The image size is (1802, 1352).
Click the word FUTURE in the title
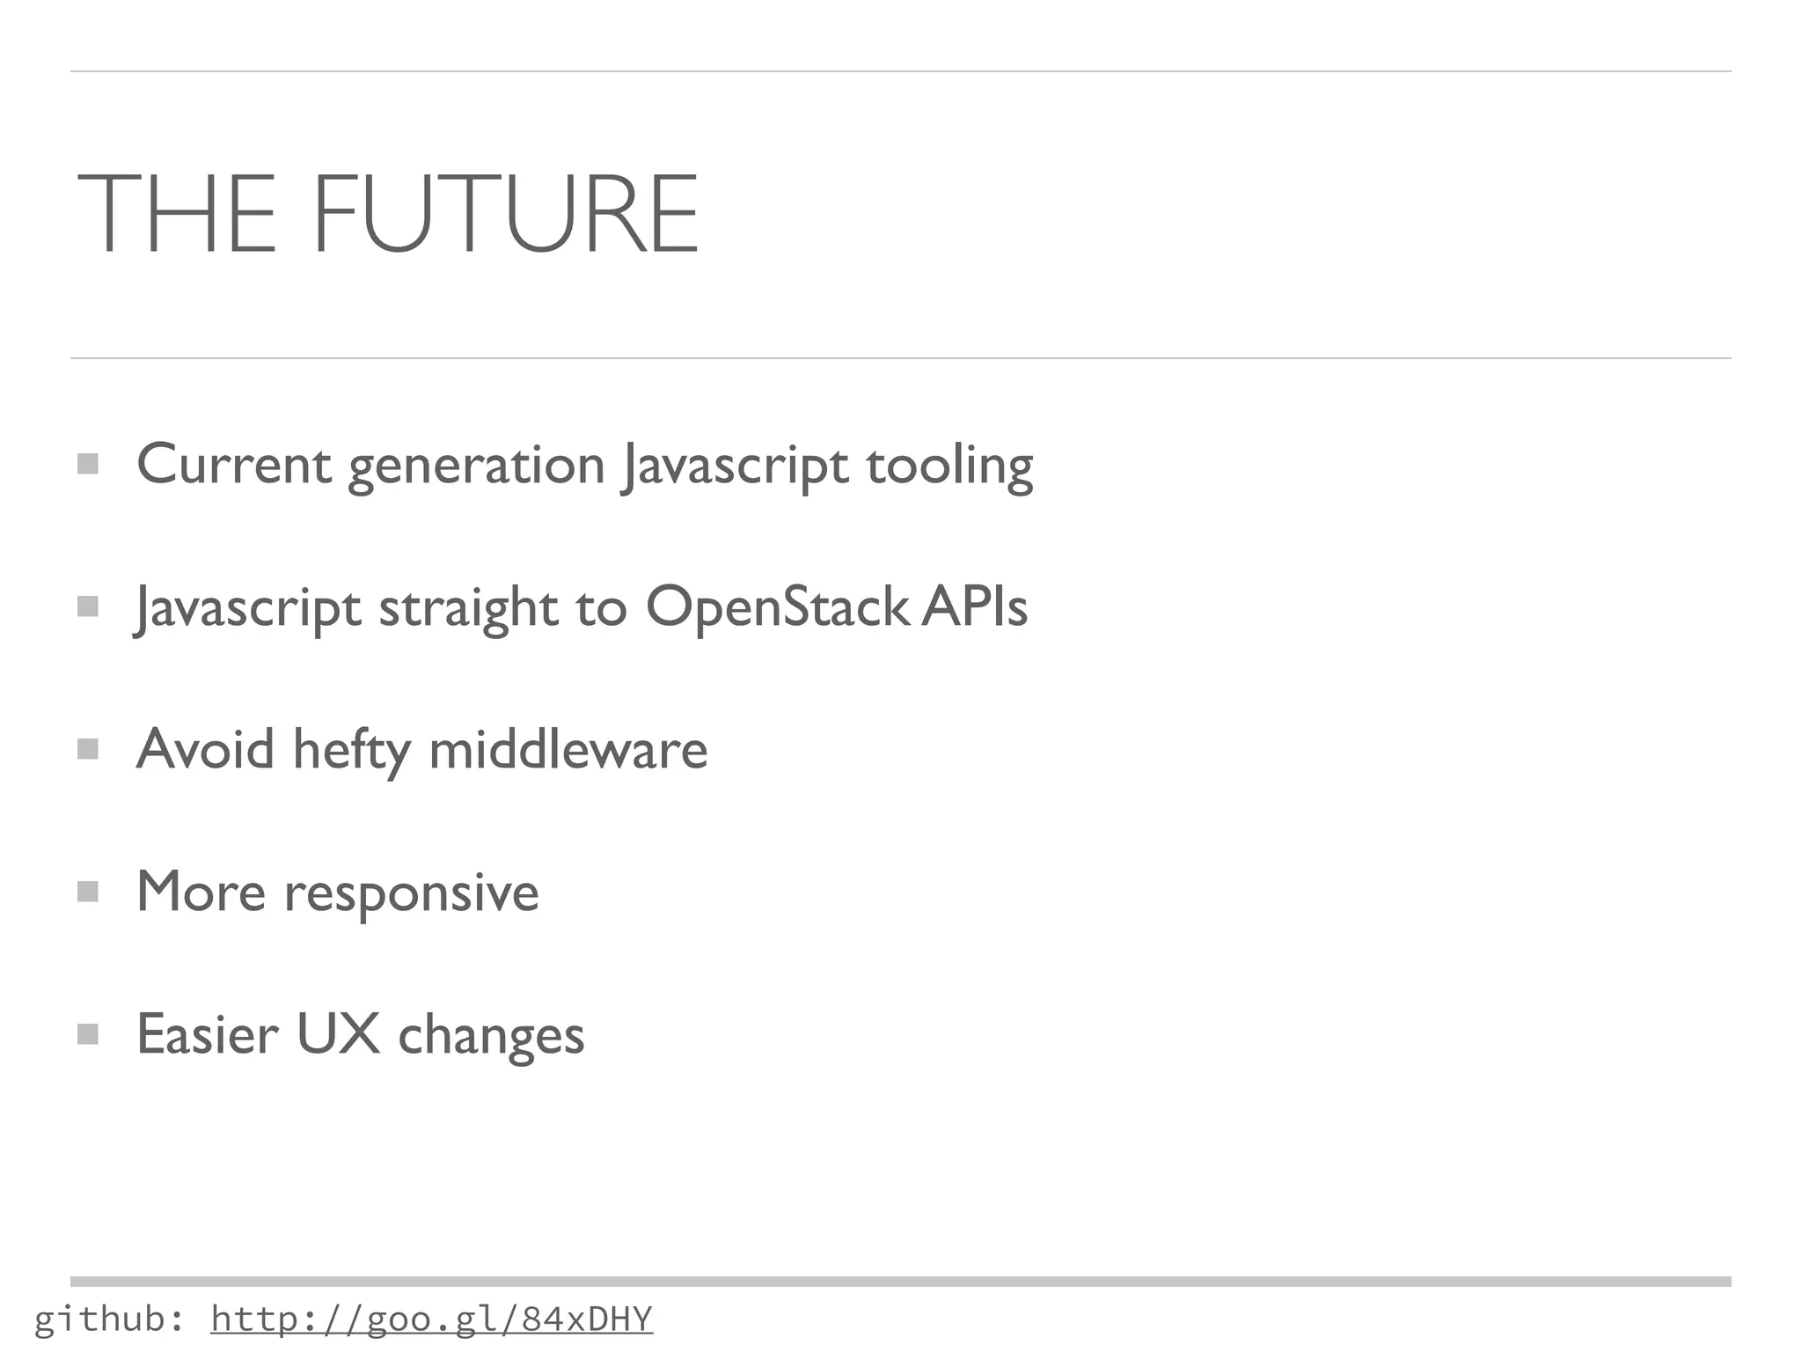(505, 214)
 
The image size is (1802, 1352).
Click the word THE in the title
(177, 214)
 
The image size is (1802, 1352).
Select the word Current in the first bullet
(234, 464)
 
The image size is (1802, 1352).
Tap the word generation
(476, 466)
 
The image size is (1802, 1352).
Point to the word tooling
(949, 466)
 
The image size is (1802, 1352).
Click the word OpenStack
(777, 606)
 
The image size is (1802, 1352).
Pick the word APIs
(975, 606)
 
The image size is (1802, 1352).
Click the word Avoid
(205, 749)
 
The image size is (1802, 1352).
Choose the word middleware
(568, 749)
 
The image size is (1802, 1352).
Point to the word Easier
(208, 1033)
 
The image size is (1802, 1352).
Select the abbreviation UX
(338, 1033)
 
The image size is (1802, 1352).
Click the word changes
(491, 1035)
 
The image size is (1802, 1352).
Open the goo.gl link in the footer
(431, 1319)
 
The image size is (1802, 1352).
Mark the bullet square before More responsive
(87, 892)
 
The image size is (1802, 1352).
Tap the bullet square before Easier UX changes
(87, 1033)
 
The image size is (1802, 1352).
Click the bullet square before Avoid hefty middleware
(87, 749)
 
